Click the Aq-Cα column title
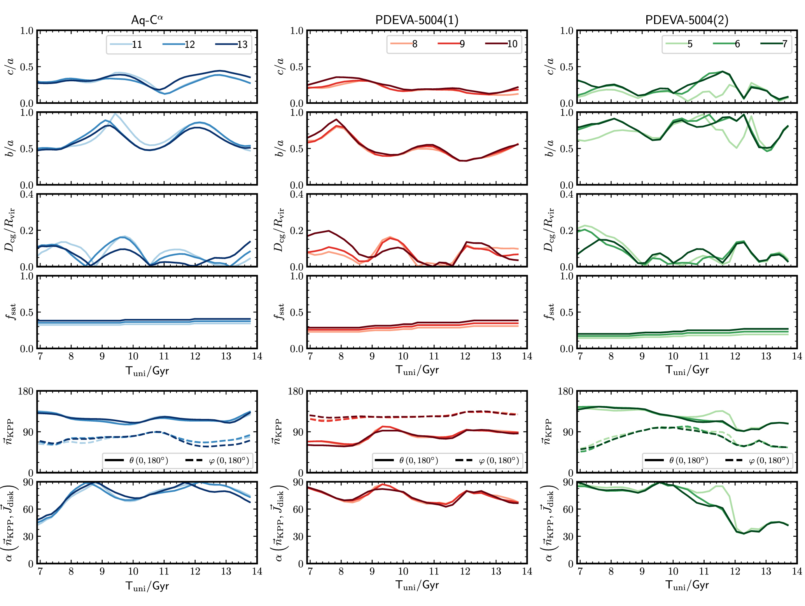click(x=147, y=20)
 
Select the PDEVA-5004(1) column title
click(x=416, y=20)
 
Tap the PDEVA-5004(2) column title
click(x=687, y=20)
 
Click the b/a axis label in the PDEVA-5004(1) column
click(x=280, y=148)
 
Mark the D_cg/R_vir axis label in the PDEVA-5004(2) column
click(x=549, y=230)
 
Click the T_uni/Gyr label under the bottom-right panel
click(x=687, y=585)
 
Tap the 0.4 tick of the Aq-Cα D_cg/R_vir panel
click(x=27, y=194)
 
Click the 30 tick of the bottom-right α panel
click(x=568, y=536)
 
